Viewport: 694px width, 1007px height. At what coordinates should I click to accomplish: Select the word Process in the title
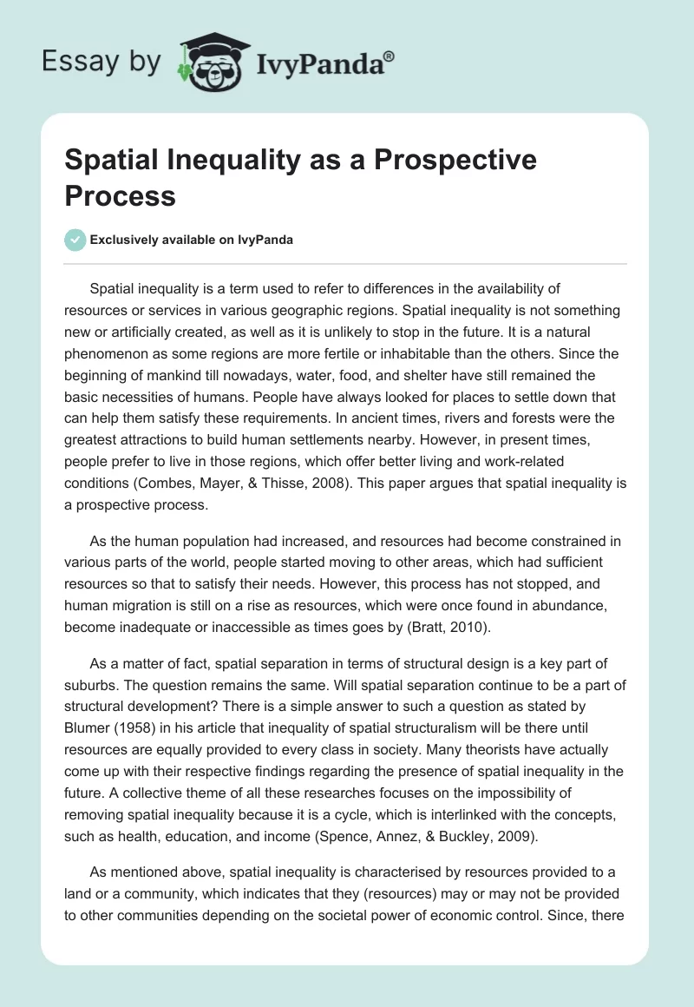point(120,195)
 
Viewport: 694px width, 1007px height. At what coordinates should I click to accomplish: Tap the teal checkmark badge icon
point(75,240)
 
